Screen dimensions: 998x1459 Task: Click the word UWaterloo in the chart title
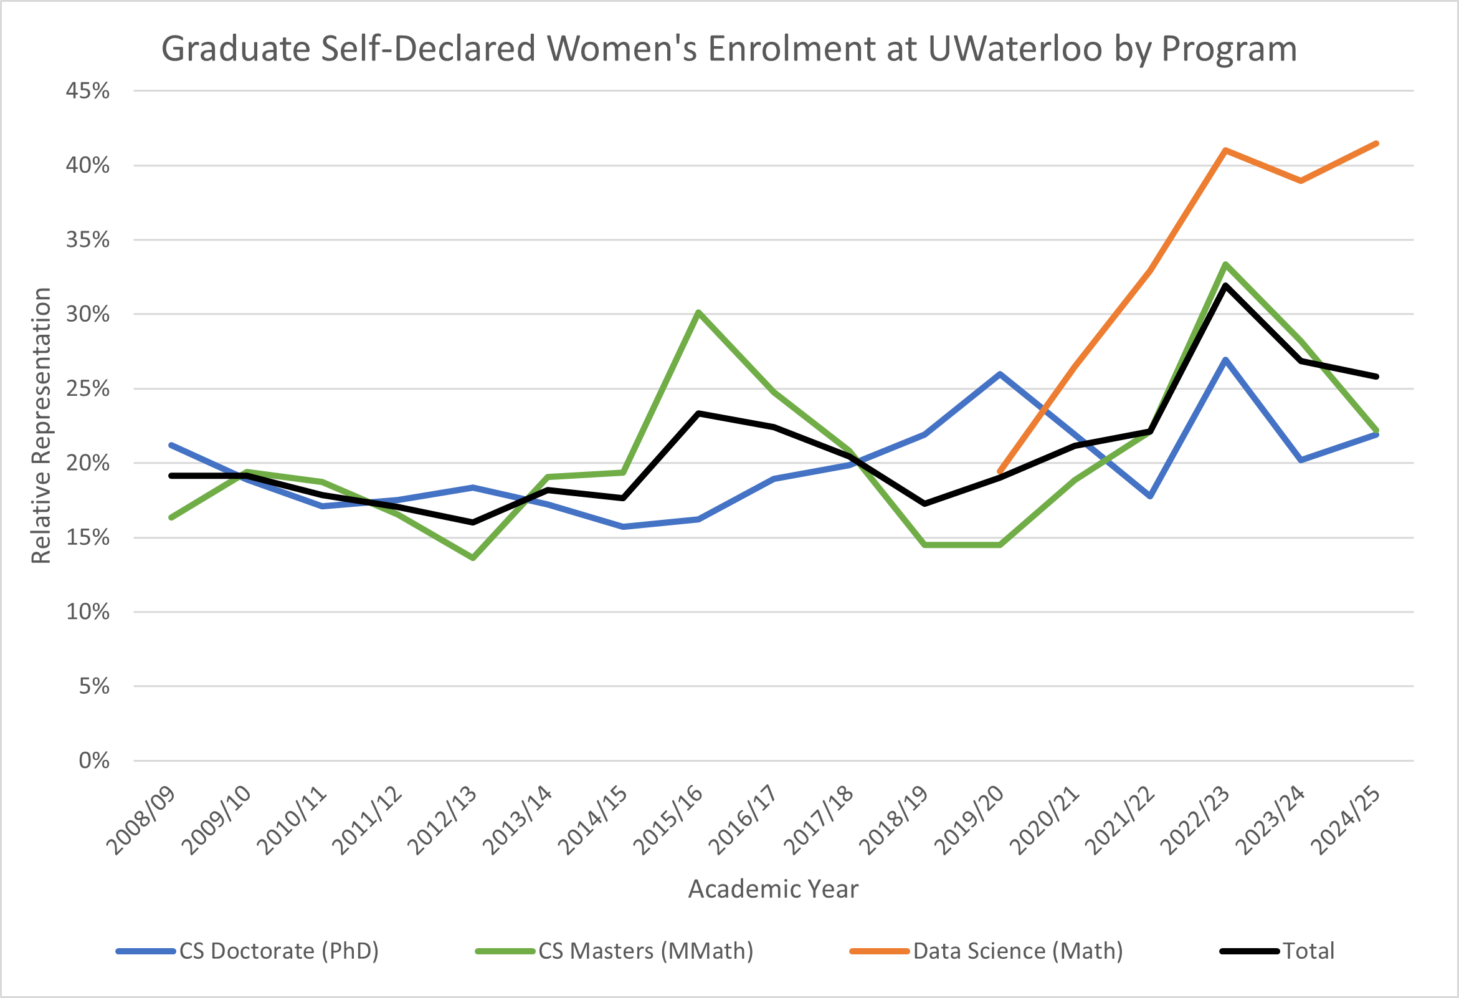[1015, 49]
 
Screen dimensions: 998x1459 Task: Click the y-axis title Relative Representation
[42, 426]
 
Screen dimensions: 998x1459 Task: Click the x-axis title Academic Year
[773, 889]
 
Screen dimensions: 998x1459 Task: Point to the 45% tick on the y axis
[88, 91]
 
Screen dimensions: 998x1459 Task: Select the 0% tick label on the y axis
[94, 760]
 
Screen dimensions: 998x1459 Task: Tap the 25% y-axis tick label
[88, 389]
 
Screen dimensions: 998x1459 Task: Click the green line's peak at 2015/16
[699, 312]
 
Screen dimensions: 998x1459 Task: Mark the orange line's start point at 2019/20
[999, 472]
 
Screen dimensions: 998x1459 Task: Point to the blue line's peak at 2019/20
[999, 375]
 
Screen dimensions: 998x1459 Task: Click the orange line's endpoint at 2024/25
[1376, 144]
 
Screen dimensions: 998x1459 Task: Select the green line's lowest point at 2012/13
[473, 558]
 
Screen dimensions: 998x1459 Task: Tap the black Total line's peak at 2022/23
[1225, 285]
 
